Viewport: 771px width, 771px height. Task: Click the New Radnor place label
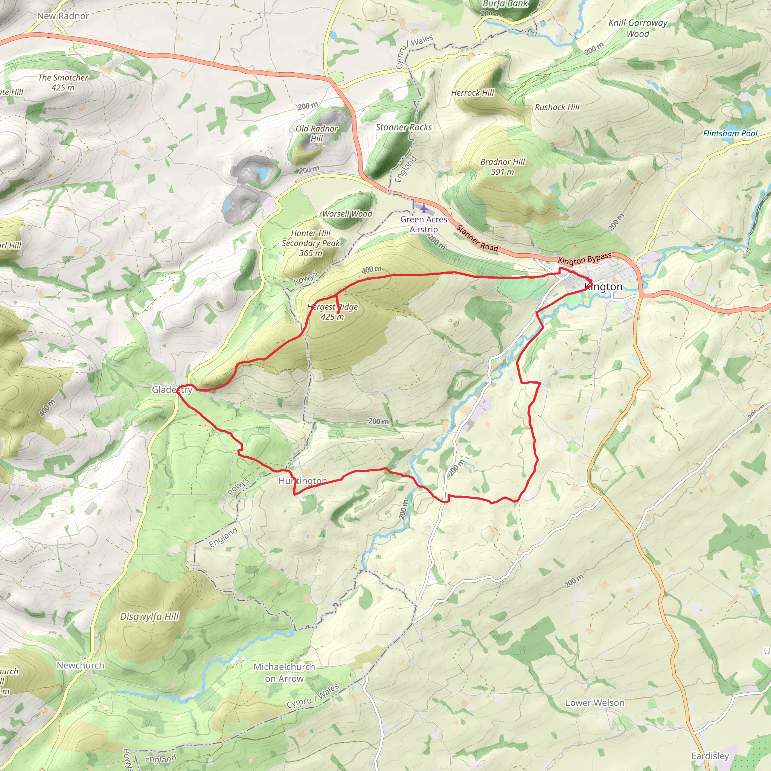point(62,16)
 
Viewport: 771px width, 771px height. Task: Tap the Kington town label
point(603,286)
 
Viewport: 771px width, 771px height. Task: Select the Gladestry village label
point(172,390)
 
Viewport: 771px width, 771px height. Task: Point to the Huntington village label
point(303,481)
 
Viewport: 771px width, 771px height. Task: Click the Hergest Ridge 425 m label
point(332,312)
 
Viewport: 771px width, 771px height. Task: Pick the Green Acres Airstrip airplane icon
point(423,209)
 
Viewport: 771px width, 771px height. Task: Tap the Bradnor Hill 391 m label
point(503,167)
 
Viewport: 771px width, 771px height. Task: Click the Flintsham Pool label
point(730,134)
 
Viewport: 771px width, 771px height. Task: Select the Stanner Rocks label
point(404,127)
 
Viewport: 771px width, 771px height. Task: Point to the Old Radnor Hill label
point(317,133)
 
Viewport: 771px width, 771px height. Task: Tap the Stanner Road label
point(477,238)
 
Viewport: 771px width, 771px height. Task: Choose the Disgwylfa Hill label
point(150,617)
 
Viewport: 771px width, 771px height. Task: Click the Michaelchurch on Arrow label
point(284,672)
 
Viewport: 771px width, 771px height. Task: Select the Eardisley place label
point(710,756)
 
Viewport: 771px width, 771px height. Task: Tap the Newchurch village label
point(80,665)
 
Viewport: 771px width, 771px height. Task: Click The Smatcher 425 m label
point(63,82)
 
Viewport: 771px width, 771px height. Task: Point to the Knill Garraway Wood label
point(638,28)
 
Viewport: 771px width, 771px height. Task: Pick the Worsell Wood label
point(347,214)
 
